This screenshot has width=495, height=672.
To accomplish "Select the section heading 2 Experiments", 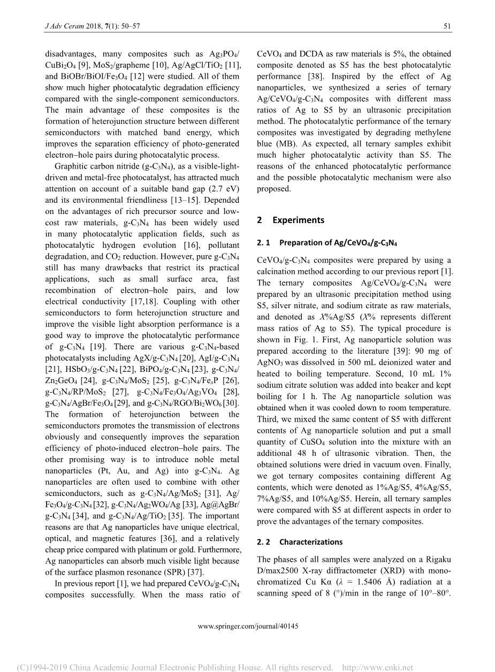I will pos(291,220).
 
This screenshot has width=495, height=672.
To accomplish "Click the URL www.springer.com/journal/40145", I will pos(247,626).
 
